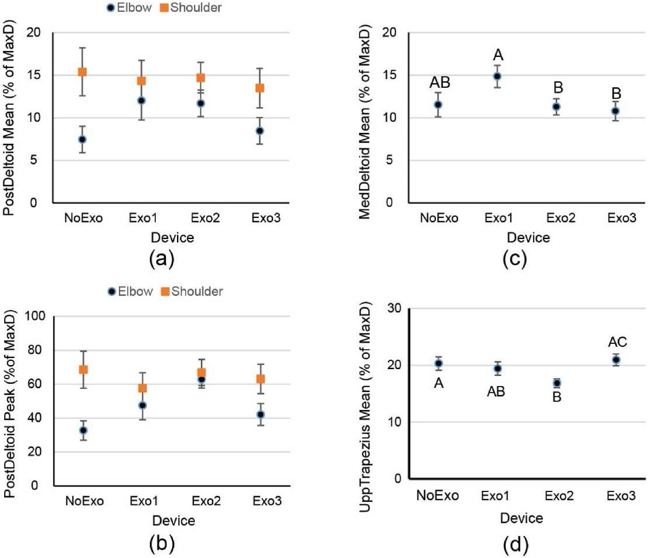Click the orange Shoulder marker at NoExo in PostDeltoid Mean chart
point(82,72)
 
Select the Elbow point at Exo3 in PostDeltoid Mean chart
point(260,131)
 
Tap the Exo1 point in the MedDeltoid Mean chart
point(497,76)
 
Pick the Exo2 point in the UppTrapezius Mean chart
point(557,383)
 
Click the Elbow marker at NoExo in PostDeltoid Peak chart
point(83,431)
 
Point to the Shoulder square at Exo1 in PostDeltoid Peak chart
point(143,388)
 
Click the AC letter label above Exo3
point(617,342)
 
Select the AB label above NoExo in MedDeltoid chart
point(440,83)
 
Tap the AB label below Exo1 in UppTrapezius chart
point(496,391)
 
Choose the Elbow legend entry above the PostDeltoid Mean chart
point(129,8)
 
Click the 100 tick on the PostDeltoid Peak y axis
point(35,316)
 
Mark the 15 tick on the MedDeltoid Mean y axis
point(390,75)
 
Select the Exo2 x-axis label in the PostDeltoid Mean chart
point(205,218)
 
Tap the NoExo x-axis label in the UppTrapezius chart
point(438,495)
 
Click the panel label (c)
point(515,259)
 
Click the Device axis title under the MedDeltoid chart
point(528,238)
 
